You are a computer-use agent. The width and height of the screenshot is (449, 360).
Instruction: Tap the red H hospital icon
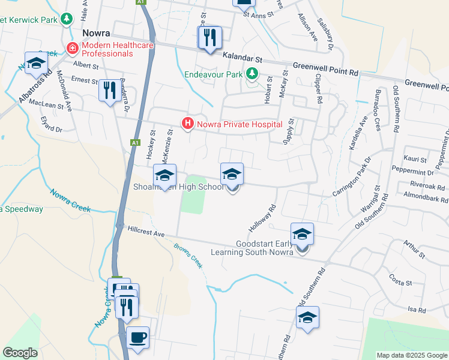coord(188,124)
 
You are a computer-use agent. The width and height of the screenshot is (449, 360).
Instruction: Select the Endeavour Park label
coord(214,74)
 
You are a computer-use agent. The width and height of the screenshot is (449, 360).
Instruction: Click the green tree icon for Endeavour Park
coord(252,74)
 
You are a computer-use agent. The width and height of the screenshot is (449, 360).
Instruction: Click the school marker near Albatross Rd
coord(36,62)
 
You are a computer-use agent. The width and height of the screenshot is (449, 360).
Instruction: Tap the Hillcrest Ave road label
coord(145,232)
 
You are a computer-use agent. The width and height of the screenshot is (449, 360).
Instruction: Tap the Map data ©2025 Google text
coord(412,355)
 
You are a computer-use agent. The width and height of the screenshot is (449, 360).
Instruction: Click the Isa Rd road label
coord(416,310)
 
